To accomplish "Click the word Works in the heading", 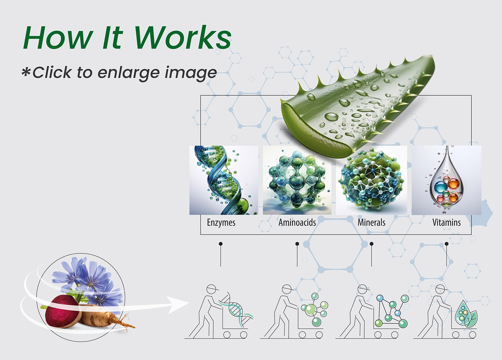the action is pos(183,37).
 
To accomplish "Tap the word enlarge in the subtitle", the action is pos(129,73).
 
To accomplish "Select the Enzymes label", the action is pos(221,223).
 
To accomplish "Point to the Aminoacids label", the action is pos(297,222).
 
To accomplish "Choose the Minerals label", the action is pos(371,222).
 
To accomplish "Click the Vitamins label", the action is pos(446,222).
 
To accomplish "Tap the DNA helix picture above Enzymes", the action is pos(224,180).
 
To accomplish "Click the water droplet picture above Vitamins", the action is pos(446,180).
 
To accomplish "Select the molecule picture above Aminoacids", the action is pos(297,180).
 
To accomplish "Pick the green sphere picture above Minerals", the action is pos(371,180).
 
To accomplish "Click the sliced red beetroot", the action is pos(63,311).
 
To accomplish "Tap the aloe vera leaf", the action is pos(356,105).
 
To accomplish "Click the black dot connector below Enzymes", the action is pos(221,244).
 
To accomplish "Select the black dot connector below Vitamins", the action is pos(447,244).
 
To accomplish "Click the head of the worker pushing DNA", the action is pos(211,289).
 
